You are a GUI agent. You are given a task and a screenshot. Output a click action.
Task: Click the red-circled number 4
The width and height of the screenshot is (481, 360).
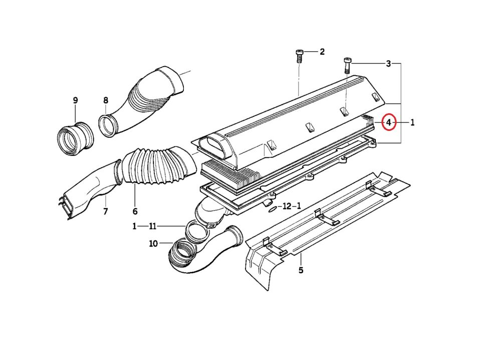tap(389, 122)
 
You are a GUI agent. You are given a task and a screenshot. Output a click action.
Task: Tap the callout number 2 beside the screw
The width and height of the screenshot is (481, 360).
tap(322, 52)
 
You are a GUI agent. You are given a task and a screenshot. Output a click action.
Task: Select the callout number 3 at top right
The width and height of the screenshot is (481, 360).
tap(388, 64)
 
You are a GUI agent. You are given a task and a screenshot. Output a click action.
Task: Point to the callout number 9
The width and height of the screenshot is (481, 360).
tap(75, 100)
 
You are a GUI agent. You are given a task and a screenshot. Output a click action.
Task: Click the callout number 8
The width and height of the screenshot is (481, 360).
tap(106, 100)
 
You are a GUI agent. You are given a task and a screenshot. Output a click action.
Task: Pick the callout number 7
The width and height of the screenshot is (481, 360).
tap(106, 212)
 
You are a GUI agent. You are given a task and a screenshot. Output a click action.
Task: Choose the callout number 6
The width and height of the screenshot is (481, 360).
tap(135, 212)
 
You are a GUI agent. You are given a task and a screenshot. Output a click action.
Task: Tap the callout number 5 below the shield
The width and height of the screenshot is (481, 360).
tap(301, 270)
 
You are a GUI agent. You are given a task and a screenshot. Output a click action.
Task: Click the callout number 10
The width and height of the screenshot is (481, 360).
tap(153, 244)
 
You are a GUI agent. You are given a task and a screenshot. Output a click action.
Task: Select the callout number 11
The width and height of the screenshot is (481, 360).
tap(153, 227)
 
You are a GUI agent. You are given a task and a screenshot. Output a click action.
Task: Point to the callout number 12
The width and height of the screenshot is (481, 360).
tap(287, 206)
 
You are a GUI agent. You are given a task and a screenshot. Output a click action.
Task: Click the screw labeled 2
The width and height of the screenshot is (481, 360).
tap(299, 56)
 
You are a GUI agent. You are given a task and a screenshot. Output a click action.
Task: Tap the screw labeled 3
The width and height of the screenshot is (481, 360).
tap(347, 65)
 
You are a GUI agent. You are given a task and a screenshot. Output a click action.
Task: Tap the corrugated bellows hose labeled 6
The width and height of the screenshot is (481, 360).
tap(159, 166)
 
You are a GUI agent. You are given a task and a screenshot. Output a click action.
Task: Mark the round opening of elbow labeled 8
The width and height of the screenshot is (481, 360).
tap(108, 125)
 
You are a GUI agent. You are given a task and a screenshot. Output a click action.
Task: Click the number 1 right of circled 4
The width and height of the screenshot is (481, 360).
tap(412, 122)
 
